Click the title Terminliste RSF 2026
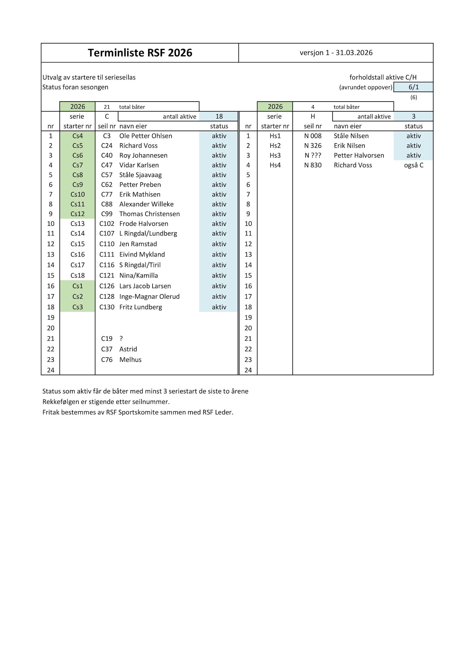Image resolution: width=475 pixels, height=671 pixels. coord(140,53)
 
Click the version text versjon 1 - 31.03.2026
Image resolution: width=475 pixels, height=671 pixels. coord(336,53)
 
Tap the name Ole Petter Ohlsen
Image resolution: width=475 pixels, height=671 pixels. coord(146,136)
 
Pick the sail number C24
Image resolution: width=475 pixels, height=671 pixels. coord(107,146)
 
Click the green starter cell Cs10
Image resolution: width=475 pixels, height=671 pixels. coord(77,194)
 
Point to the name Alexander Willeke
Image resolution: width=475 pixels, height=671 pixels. coord(146,204)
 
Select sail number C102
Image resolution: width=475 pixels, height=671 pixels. coord(107,224)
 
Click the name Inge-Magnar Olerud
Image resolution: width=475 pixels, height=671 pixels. coord(149,296)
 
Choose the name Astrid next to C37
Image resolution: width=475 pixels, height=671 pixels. coord(128,349)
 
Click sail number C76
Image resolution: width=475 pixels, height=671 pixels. coord(107,359)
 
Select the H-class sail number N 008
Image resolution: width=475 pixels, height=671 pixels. coord(313,136)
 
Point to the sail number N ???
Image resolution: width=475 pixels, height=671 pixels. coord(313,156)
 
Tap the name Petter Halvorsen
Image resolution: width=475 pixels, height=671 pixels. coord(359,156)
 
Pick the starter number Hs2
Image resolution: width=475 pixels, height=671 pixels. coord(275,146)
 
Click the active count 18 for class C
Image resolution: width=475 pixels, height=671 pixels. coord(219,116)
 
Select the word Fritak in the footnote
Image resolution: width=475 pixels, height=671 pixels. coord(51,412)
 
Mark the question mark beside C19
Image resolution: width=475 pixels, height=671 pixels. coord(121,339)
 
